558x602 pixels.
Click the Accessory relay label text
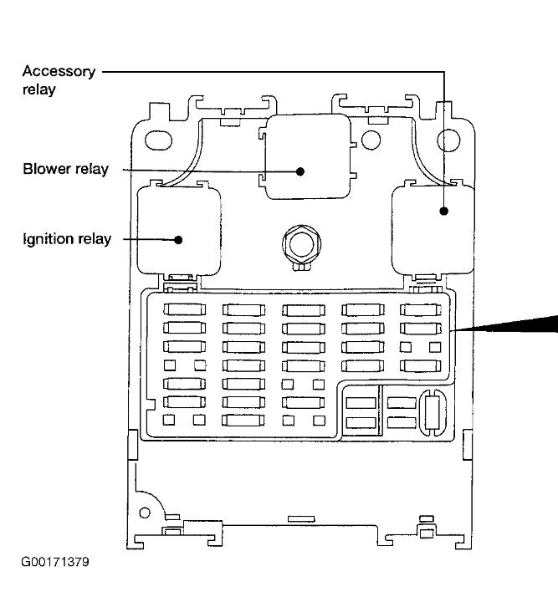(59, 79)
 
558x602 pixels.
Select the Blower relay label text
(66, 170)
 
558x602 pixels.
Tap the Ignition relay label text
(67, 240)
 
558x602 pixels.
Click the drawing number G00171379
(55, 560)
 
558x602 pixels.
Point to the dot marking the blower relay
(299, 171)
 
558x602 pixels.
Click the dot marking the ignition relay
(179, 240)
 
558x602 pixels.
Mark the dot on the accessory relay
(444, 211)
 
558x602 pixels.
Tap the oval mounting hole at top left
(158, 138)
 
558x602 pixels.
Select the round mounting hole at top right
(449, 138)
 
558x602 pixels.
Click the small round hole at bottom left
(144, 512)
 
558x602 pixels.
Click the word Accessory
(59, 71)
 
